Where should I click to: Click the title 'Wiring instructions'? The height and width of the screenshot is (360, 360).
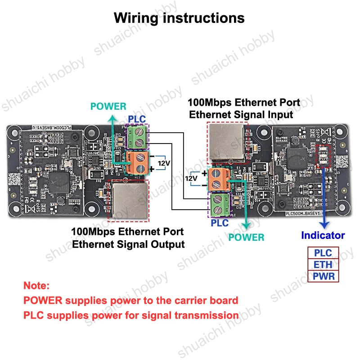(179, 18)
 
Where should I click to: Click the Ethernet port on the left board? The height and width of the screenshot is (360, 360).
(128, 200)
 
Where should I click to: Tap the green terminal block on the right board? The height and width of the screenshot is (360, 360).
(220, 204)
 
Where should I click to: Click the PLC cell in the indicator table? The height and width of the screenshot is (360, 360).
(323, 253)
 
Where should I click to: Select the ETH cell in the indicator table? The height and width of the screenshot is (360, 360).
(323, 265)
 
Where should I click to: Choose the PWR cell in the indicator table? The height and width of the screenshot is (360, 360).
(323, 276)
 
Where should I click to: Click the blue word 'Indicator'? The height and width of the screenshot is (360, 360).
(323, 235)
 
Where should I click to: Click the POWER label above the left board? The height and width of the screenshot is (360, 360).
(108, 107)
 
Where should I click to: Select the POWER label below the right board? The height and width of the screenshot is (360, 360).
(246, 237)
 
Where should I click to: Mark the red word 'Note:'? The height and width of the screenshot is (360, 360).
(36, 286)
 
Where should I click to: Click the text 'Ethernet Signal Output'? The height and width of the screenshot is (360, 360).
(129, 244)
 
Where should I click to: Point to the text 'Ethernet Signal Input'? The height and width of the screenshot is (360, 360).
(241, 114)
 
